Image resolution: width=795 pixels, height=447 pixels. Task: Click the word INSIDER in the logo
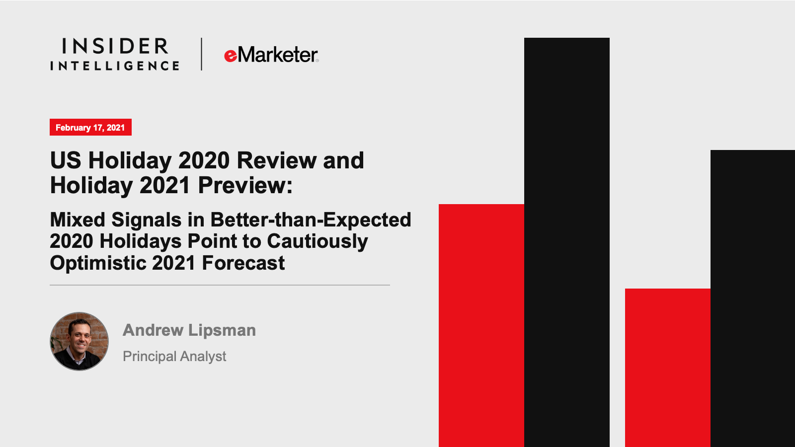coord(115,46)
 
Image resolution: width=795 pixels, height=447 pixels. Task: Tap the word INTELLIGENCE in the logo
coord(115,66)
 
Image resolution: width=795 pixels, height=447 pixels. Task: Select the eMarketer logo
coord(271,55)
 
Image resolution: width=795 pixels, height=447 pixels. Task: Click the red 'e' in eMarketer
coord(231,56)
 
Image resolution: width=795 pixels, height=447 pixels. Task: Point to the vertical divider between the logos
coord(201,54)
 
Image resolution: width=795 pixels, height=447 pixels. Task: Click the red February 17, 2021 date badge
coord(90,127)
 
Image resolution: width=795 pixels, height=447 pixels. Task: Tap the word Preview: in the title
coord(245,185)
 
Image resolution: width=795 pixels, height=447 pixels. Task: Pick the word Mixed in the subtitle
coord(78,220)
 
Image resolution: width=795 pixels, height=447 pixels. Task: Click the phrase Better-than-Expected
coord(311,220)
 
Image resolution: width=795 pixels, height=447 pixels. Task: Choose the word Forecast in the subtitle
coord(243,263)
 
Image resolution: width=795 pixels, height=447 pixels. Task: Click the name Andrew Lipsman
coord(189,330)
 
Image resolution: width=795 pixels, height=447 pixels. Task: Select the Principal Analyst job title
coord(174,356)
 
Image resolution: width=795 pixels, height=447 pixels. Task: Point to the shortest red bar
coord(667,368)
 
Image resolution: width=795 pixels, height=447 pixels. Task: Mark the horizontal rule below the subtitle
coord(220,285)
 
